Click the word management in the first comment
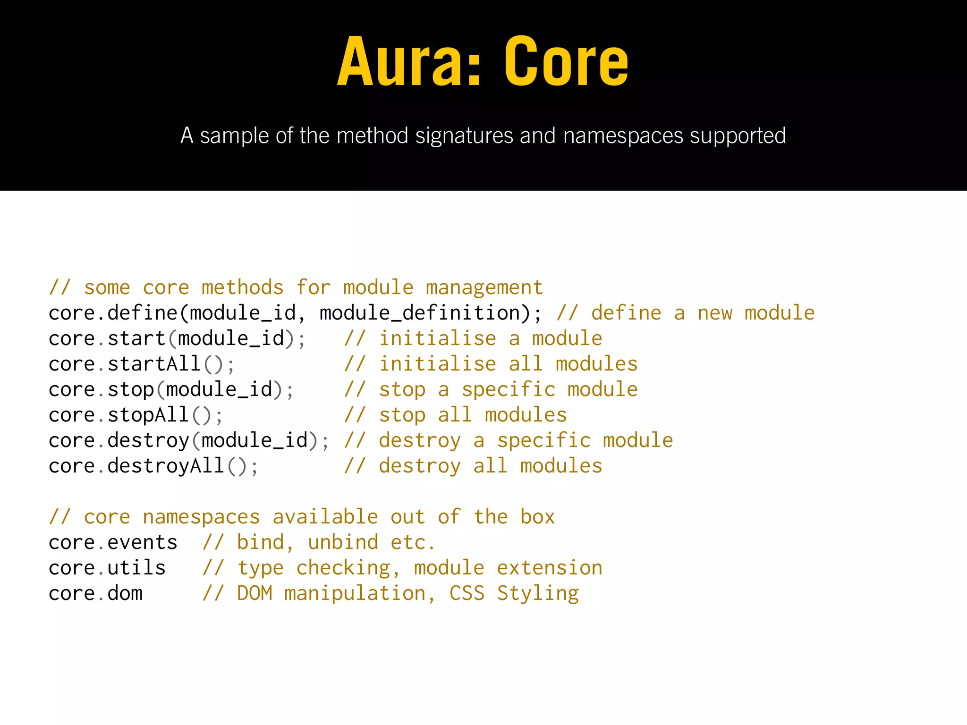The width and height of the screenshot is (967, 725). [x=484, y=287]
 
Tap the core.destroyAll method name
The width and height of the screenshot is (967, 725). [x=136, y=466]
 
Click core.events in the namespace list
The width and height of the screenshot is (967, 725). [x=113, y=542]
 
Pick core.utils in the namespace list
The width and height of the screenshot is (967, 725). [x=107, y=568]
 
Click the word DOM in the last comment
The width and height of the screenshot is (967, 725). [x=254, y=593]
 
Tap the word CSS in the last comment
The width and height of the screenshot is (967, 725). [x=467, y=593]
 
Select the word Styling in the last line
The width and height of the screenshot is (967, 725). [x=538, y=594]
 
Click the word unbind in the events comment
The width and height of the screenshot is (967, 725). [x=343, y=542]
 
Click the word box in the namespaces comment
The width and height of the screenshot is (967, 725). [x=537, y=517]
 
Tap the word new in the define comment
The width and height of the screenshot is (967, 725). [x=715, y=313]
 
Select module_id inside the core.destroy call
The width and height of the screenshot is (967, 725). [x=254, y=440]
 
